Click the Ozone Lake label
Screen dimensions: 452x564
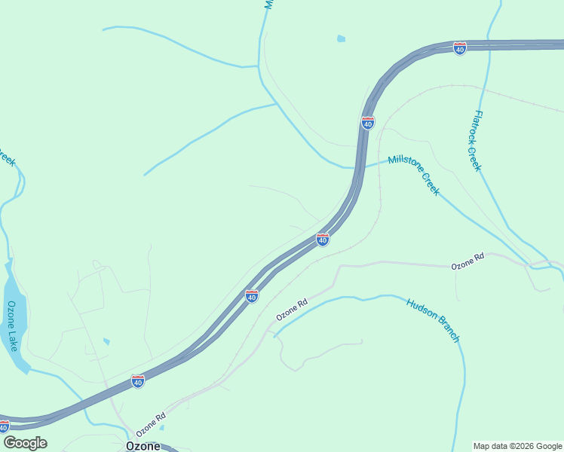coord(11,325)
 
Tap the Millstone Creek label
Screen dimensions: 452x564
coord(414,176)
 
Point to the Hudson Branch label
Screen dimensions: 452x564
coord(433,320)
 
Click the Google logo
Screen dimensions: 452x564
coord(25,443)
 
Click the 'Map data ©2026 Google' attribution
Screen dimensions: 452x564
coord(517,446)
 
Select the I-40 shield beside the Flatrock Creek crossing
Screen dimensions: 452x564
coord(460,48)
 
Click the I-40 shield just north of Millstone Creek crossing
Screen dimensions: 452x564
coord(367,123)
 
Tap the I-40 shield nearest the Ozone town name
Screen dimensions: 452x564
coord(137,382)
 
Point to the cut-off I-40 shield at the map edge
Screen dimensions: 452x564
coord(4,426)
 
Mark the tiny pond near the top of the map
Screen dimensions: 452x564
coord(342,38)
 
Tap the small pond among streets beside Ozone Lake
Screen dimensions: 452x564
coord(106,342)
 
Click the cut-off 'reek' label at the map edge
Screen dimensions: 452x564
coord(7,160)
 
